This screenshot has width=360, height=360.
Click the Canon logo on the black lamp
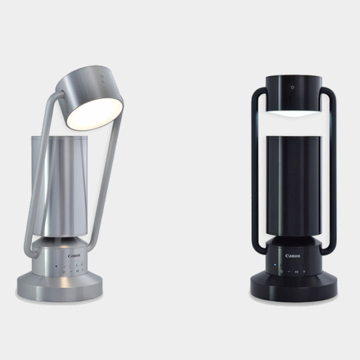(x=293, y=255)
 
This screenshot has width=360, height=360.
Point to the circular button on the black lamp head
(x=291, y=87)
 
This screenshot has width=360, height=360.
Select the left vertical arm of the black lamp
(x=253, y=173)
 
